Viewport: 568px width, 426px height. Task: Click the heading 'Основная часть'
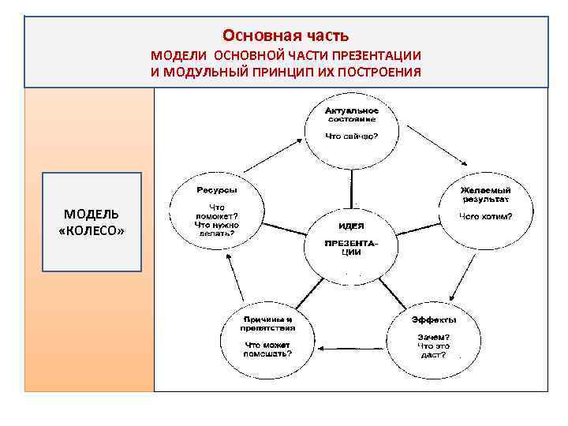[x=285, y=35]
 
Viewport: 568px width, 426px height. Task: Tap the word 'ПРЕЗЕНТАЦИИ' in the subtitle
[x=375, y=56]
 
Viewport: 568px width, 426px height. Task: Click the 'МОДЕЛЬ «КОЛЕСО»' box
[x=92, y=222]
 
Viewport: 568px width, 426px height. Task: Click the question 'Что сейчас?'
[x=351, y=136]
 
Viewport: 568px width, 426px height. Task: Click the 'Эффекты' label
[x=433, y=319]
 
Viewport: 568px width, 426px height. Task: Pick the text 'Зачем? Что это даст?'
[x=433, y=346]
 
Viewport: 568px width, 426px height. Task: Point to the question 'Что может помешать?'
[x=268, y=349]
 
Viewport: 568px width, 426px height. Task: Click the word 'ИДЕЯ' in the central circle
[x=351, y=226]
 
